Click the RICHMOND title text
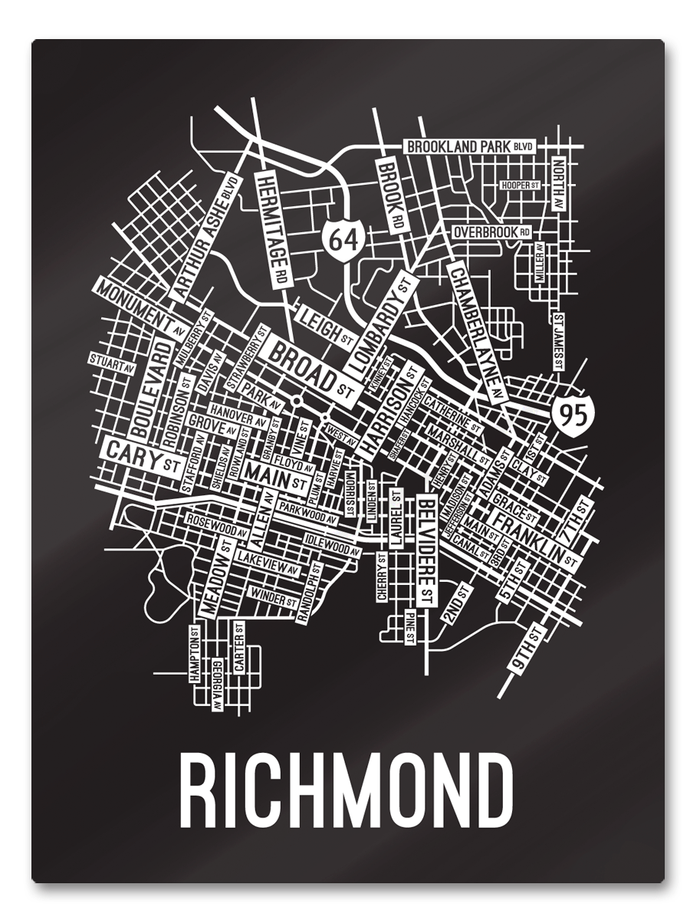(345, 790)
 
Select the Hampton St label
(194, 653)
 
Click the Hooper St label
(521, 186)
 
